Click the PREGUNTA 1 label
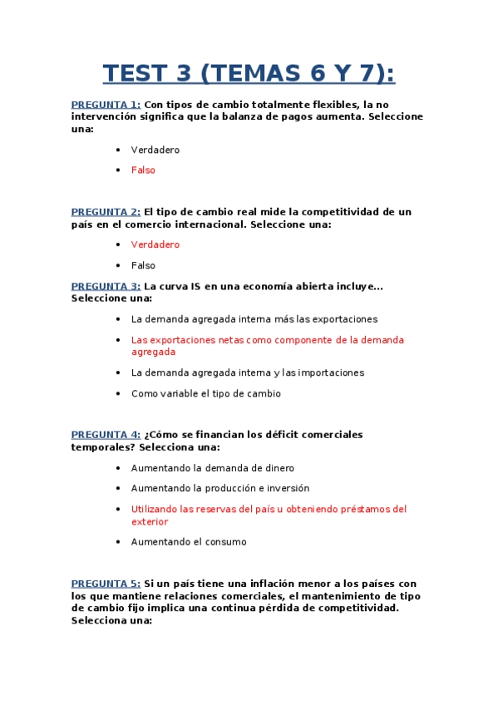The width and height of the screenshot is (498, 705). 106,105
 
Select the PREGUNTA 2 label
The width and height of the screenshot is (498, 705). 106,212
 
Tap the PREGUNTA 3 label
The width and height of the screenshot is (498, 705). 106,286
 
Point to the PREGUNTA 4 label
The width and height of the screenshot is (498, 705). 106,435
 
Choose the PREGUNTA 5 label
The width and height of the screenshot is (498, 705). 106,584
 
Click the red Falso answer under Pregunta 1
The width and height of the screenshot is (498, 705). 143,170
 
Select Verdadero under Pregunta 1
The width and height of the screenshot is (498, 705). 155,150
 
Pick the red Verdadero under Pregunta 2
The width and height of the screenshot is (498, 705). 155,245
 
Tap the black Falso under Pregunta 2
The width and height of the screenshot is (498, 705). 143,266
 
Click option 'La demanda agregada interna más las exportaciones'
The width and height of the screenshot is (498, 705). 254,319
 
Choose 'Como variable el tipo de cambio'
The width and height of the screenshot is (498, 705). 205,394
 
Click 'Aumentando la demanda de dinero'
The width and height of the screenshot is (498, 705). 212,468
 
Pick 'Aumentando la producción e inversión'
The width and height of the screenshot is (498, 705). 219,489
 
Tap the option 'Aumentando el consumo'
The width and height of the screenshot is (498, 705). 188,542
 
